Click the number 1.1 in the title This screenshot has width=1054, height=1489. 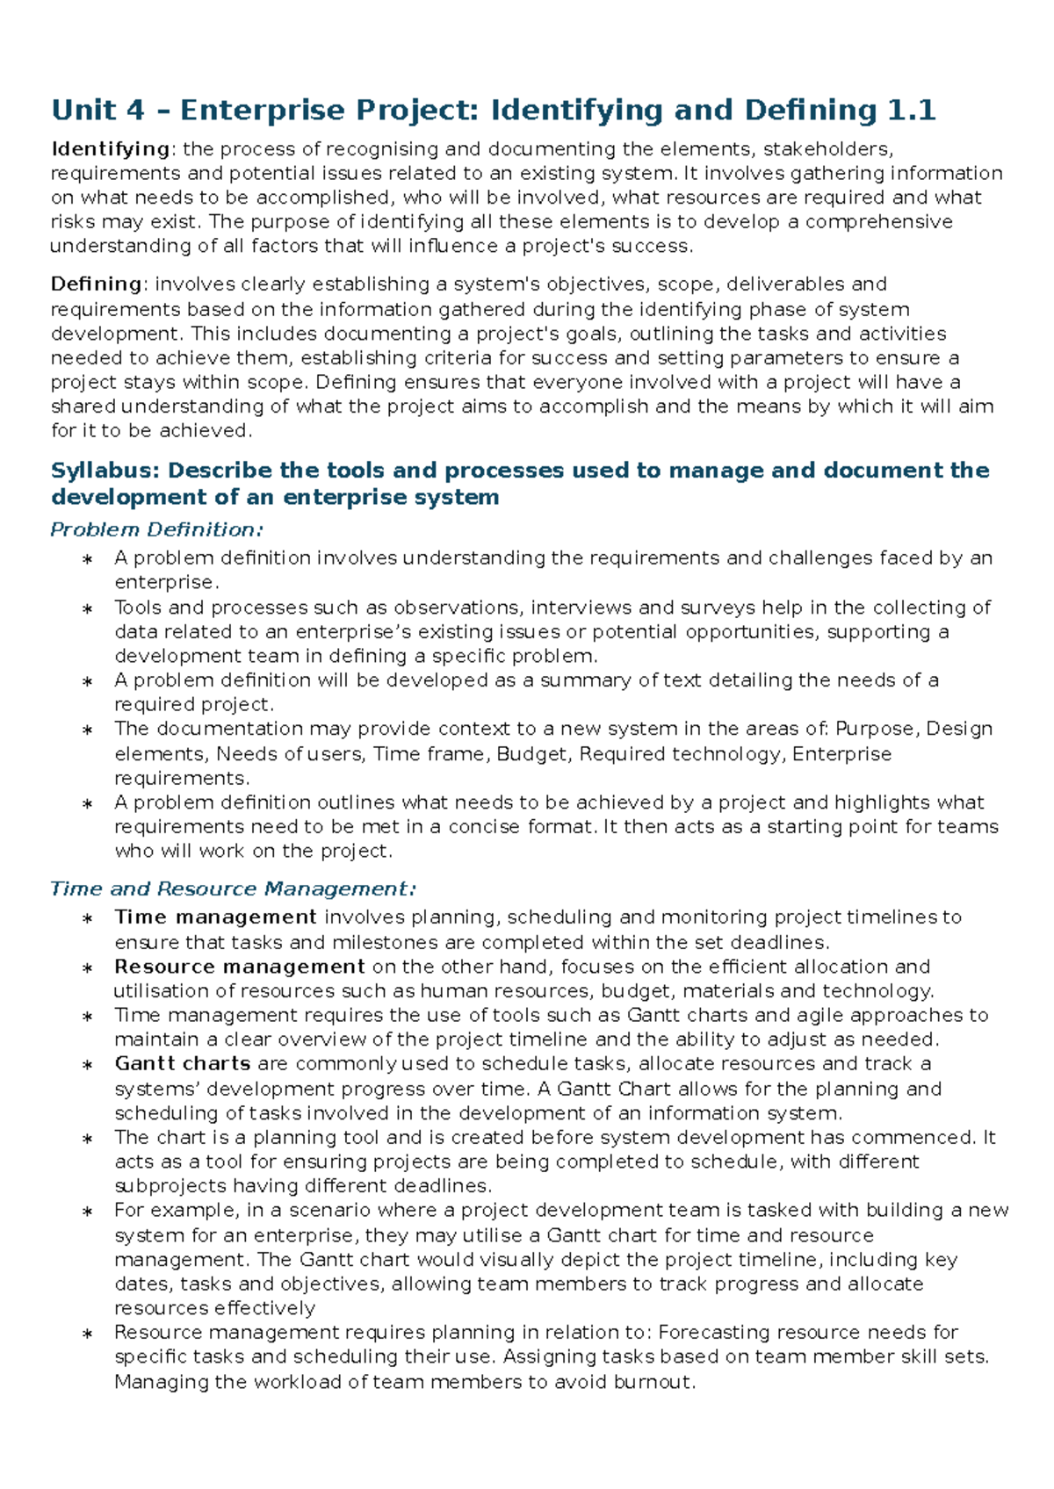[911, 111]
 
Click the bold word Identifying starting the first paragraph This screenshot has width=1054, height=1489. [110, 149]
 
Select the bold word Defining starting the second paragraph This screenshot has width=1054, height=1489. [96, 284]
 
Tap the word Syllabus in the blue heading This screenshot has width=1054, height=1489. [105, 471]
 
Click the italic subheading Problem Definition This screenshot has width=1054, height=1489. [156, 529]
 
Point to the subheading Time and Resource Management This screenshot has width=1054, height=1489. [233, 888]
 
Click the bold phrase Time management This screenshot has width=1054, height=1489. [215, 917]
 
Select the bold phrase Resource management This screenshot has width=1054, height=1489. [239, 967]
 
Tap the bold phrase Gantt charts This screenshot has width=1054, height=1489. [183, 1064]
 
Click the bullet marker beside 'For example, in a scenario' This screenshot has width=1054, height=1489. [87, 1212]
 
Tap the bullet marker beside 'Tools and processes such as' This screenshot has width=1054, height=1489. [87, 609]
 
